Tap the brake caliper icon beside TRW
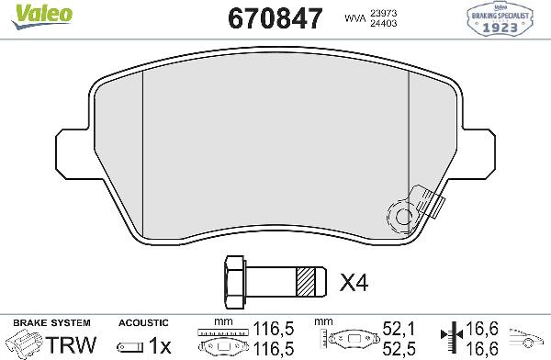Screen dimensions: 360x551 (26, 344)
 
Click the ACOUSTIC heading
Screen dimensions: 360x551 (143, 323)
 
